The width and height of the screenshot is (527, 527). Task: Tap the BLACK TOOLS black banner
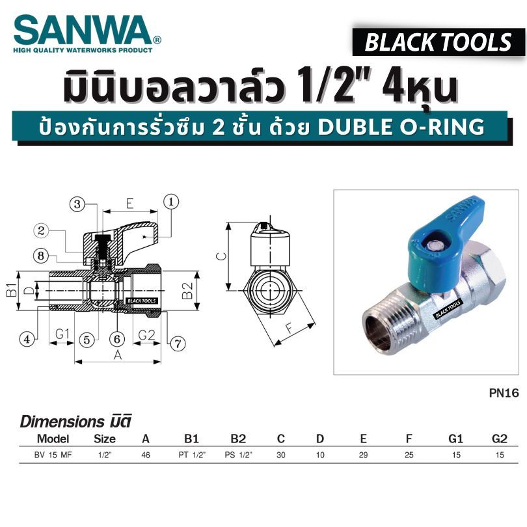pos(438,42)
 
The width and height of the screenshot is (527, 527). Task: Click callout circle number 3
pos(77,204)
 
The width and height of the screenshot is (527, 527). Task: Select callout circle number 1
pos(171,202)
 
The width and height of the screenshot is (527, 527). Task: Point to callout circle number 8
pos(41,256)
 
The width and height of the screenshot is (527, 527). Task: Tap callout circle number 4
pos(27,339)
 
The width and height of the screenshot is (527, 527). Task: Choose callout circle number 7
pos(178,344)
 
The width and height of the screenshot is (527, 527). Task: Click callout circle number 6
pos(117,339)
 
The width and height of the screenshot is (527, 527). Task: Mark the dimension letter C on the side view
pos(221,256)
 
